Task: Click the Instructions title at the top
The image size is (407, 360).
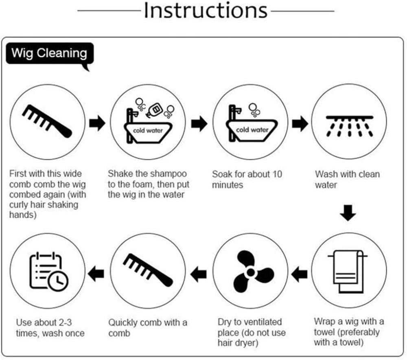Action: (x=205, y=11)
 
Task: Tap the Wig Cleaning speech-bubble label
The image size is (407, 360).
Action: (x=50, y=54)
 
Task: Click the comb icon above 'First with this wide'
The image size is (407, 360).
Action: (x=47, y=121)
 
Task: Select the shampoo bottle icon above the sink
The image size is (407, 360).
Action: (x=155, y=110)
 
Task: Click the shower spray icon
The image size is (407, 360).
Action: (x=349, y=126)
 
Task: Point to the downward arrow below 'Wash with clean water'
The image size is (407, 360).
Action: (x=348, y=213)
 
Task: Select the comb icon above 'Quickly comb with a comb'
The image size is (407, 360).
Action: (x=148, y=270)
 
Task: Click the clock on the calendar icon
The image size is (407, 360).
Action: (x=58, y=281)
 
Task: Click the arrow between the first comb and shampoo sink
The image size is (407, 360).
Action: (x=97, y=123)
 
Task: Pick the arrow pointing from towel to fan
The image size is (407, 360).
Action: (x=299, y=274)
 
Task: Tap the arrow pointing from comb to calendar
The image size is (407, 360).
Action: (x=96, y=274)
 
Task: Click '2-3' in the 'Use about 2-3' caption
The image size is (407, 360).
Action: (x=66, y=323)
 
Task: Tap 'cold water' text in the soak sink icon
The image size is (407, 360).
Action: (x=252, y=130)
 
